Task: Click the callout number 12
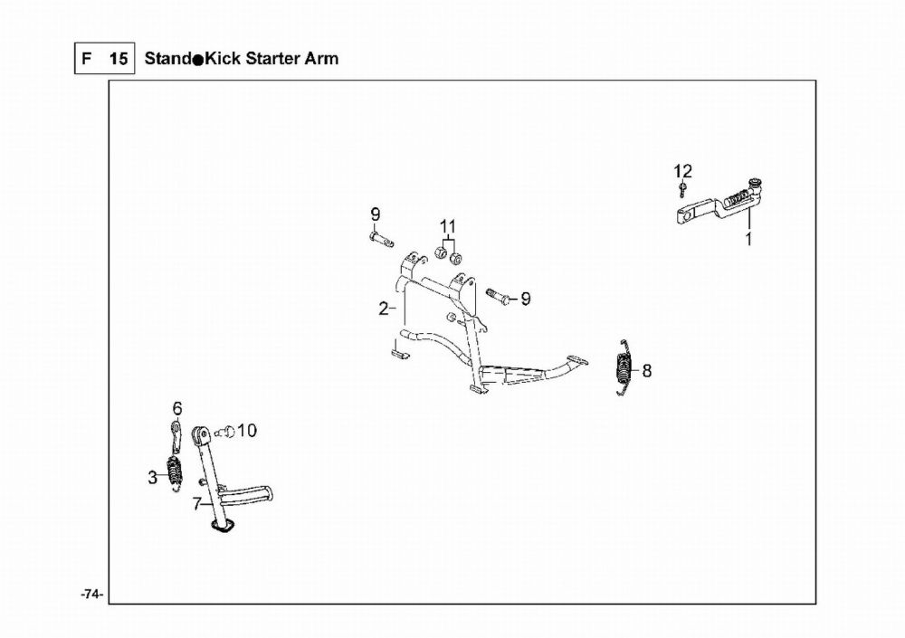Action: coord(682,170)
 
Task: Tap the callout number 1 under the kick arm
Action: coord(748,240)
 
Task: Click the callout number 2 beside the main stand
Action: coord(384,309)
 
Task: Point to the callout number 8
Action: coord(646,370)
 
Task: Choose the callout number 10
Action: coord(247,430)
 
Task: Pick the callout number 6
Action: coord(176,407)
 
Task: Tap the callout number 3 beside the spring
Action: coord(153,478)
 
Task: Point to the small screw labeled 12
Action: coord(681,188)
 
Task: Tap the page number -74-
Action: coord(91,595)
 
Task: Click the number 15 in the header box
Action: coord(118,60)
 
